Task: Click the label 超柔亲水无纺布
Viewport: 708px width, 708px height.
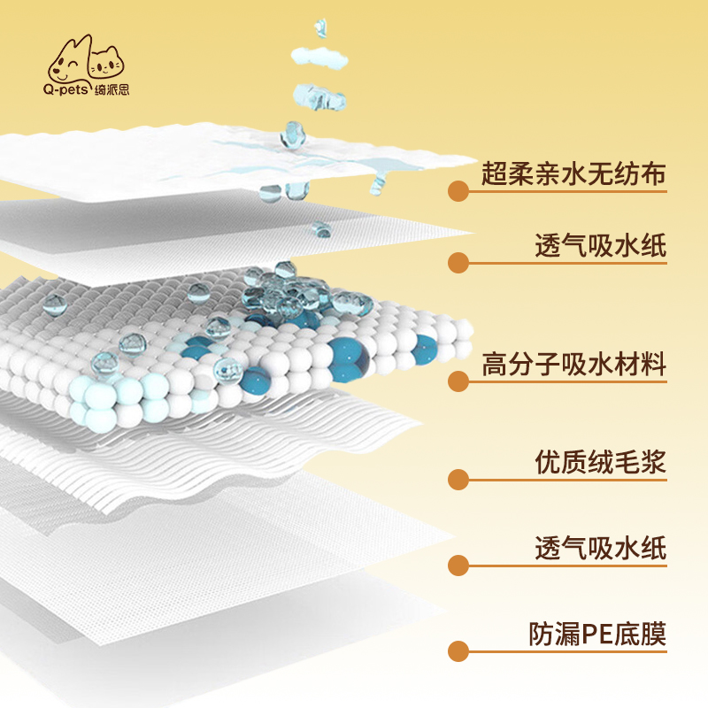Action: point(573,173)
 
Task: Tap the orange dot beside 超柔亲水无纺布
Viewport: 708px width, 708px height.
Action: point(458,191)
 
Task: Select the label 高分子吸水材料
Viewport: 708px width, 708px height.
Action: point(573,364)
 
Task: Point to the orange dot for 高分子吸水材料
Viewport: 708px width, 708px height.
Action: point(458,381)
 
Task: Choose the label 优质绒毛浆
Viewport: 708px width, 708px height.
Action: point(601,462)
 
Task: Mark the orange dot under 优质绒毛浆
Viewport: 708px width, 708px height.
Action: point(458,480)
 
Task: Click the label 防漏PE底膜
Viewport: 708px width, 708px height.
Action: point(597,634)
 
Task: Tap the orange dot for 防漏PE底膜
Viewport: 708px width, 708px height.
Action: point(458,651)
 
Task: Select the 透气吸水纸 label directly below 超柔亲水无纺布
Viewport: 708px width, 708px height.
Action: point(601,245)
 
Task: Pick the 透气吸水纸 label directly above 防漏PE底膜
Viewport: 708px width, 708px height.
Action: point(601,548)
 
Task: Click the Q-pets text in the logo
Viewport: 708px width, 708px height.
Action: point(65,89)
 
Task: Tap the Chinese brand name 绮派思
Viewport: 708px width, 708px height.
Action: point(112,89)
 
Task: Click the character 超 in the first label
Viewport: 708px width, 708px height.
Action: point(494,173)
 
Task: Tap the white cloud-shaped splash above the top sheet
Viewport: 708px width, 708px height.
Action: point(319,57)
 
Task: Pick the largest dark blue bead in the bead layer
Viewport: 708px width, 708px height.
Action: point(348,360)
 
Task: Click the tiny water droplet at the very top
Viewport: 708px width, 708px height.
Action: point(320,27)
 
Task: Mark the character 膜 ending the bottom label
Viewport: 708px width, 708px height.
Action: point(653,634)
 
